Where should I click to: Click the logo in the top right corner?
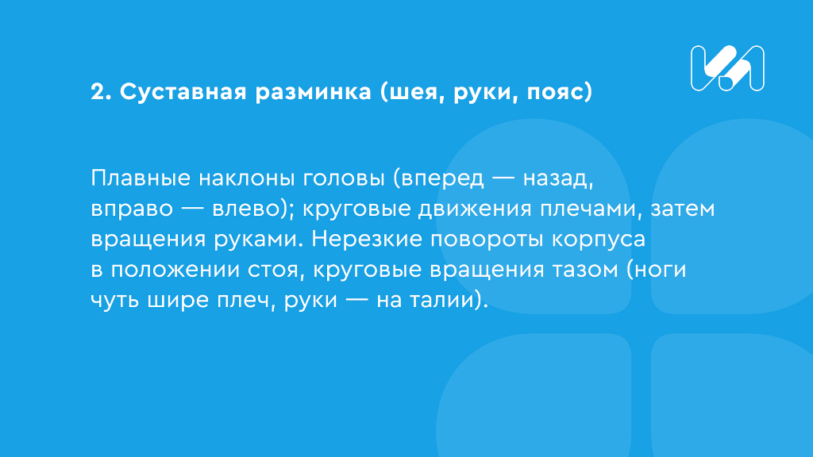(727, 67)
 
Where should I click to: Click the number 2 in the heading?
(98, 93)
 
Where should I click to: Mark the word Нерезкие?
(372, 240)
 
